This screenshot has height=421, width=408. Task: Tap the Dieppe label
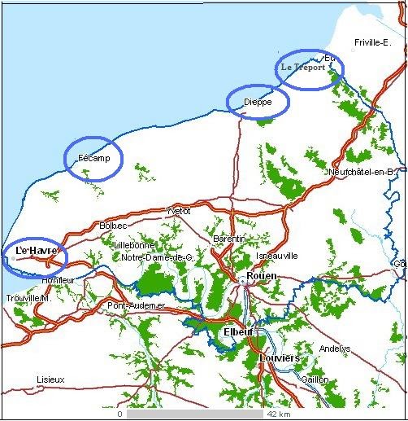258,102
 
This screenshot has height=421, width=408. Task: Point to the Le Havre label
35,252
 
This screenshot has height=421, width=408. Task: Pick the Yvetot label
177,210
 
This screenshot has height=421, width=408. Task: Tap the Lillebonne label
132,244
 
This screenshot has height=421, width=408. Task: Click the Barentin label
228,239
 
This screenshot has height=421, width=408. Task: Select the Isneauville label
277,256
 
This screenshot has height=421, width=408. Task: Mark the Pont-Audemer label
136,305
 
